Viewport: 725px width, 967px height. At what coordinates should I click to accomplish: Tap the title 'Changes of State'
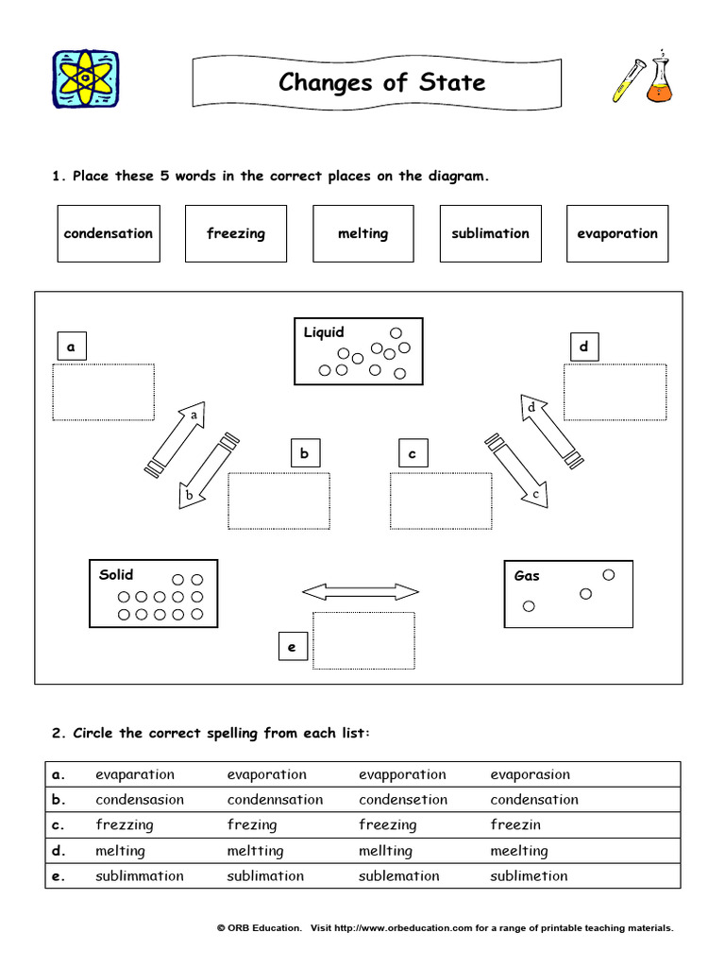coord(381,82)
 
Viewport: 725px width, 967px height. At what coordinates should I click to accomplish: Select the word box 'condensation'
coord(108,233)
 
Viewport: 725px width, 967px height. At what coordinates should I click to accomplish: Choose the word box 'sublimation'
coord(490,233)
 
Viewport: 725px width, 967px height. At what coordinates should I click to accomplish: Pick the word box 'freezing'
coord(236,233)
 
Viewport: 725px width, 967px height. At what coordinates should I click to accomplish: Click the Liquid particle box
coord(359,351)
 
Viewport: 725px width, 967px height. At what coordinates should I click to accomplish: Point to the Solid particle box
coord(153,594)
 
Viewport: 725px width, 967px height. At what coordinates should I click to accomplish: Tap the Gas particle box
coord(568,594)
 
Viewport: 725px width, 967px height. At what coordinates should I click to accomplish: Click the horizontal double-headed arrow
coord(360,592)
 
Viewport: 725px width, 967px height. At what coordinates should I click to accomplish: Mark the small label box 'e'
coord(292,647)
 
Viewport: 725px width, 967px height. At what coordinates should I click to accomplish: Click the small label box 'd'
coord(583,347)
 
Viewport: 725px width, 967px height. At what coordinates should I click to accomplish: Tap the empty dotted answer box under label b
coord(278,500)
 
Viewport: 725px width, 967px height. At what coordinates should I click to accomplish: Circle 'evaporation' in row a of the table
coord(266,774)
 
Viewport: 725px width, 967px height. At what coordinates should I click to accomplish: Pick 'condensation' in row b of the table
coord(534,800)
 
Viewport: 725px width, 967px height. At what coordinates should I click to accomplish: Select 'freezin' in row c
coord(515,825)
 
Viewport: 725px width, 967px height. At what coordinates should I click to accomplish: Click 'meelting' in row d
coord(518,851)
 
